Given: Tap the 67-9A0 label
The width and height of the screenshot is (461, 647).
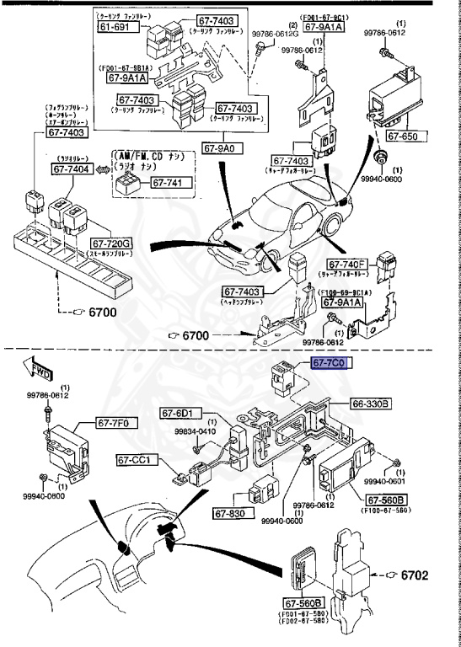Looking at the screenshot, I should pos(222,148).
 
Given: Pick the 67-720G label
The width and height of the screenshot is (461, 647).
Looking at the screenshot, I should pos(114,243).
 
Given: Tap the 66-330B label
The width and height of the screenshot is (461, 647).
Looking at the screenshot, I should pos(371,404).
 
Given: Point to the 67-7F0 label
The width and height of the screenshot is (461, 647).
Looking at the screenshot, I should pos(115,422).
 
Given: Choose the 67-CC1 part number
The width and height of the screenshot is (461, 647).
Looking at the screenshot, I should pos(136,460).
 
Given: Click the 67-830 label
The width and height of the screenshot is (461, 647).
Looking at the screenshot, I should pos(228,513).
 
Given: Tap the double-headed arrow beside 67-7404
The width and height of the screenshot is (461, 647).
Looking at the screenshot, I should pos(101,169).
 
